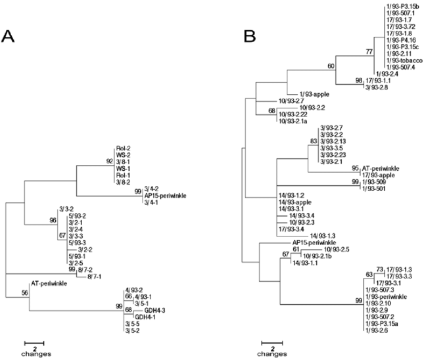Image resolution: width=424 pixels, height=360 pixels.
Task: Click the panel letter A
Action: tap(9, 37)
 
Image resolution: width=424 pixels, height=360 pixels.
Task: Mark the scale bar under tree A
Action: tap(34, 343)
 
